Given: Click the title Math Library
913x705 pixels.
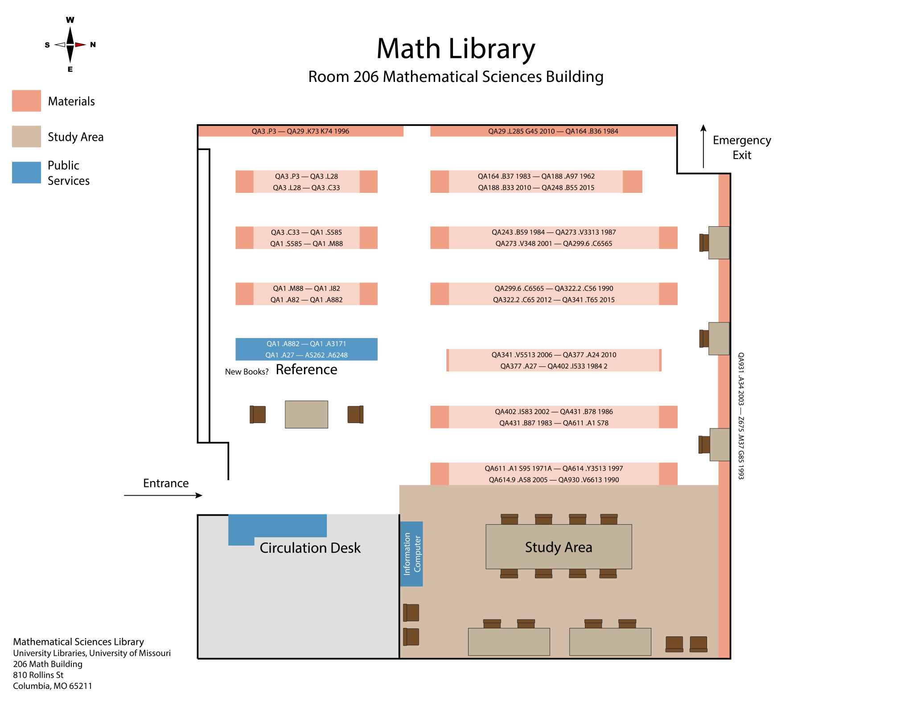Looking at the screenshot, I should [456, 49].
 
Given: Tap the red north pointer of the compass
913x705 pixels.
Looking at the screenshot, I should [80, 45].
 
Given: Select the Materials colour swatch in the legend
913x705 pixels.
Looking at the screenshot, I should [26, 101].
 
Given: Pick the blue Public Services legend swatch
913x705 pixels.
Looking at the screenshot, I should [26, 172].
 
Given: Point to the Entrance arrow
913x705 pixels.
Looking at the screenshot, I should [163, 495].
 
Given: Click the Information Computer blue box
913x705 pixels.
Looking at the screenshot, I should [411, 554].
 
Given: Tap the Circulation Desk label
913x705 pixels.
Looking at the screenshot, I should [310, 548].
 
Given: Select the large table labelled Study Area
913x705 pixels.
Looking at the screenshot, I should [559, 547].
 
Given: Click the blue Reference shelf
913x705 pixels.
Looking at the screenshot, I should [306, 349].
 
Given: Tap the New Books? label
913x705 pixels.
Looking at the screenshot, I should [247, 372].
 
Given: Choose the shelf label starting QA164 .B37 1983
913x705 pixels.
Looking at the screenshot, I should [536, 176].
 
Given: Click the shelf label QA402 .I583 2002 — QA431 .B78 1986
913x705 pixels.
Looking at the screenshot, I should [554, 412].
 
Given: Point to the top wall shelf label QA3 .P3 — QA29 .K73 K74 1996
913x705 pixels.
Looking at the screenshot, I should [300, 131].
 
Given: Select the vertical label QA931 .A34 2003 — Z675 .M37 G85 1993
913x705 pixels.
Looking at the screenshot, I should [740, 416].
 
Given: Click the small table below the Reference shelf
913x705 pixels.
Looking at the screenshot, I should [306, 414].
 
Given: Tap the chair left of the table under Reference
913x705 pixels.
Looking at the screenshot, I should [258, 414].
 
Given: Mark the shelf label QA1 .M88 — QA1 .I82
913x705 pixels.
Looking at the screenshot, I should [306, 289].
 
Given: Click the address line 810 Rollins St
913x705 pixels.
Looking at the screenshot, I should [38, 675].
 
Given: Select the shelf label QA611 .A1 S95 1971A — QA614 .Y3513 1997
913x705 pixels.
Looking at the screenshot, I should [554, 469].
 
